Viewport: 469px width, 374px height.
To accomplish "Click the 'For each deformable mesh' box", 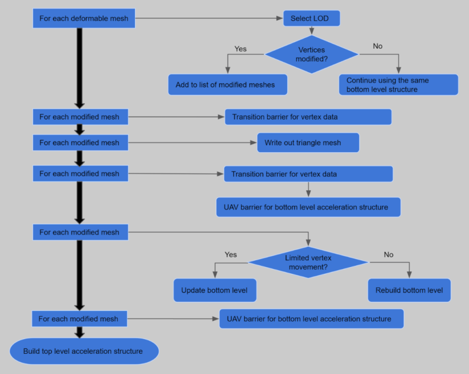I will click(x=84, y=18).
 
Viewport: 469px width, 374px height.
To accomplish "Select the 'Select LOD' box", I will click(x=311, y=18).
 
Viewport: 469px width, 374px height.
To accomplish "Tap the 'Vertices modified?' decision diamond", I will click(x=311, y=54).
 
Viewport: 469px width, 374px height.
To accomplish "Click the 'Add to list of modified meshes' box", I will click(x=228, y=85).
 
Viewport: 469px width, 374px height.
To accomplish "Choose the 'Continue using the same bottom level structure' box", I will click(x=398, y=85).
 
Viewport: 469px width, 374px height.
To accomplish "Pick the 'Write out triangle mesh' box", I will click(x=308, y=142).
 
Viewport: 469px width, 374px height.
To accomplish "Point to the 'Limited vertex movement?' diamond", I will click(x=308, y=262).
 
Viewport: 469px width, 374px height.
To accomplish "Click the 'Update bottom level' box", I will click(x=214, y=290).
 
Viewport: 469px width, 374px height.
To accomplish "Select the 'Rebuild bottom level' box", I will click(x=409, y=290).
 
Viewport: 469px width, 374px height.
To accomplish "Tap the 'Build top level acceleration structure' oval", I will click(x=84, y=351).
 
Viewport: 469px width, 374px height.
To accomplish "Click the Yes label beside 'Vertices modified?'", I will click(x=241, y=48).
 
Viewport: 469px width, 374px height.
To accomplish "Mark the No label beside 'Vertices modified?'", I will click(x=377, y=46).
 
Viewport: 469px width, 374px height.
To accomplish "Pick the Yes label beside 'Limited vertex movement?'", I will click(x=231, y=254).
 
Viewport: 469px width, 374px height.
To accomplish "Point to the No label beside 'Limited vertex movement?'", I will click(x=388, y=254).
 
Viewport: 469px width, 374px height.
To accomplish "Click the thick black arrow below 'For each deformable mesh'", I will click(x=79, y=67).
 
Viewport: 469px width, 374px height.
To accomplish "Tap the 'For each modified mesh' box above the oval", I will click(x=79, y=319).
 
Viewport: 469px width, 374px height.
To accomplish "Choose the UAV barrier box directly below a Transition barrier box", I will click(x=308, y=207).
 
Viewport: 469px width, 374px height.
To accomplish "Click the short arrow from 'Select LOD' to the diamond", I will click(x=311, y=31).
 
